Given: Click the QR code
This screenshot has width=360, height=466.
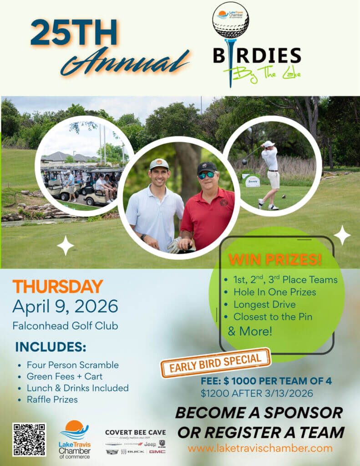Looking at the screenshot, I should [29, 439].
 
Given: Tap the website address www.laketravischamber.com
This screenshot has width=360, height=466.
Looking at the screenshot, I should [260, 448].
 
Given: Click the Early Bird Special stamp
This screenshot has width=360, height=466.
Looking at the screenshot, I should [216, 363].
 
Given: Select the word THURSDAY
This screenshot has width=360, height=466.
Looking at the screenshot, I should [57, 286].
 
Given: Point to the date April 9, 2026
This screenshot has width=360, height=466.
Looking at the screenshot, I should [65, 306].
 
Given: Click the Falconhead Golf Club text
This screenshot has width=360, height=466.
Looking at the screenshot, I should [65, 326].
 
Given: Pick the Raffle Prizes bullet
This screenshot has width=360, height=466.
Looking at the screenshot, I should [52, 400].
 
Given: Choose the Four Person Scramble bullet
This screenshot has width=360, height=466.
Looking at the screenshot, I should [72, 365].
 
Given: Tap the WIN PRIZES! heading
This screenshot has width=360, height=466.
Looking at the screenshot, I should [275, 259].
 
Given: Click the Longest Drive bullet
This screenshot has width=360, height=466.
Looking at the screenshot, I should [264, 304].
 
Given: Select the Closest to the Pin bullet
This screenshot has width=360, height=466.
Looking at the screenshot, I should [273, 317].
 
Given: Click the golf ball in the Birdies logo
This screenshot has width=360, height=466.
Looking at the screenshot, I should [231, 20].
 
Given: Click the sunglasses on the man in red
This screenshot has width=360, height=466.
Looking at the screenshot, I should [206, 175].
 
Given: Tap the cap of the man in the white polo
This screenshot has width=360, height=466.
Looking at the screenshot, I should [159, 164].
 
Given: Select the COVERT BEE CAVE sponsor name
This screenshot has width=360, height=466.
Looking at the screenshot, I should [136, 432].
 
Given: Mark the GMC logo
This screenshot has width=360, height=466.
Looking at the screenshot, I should [157, 451].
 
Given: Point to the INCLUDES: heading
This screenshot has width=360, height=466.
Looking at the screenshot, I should [51, 347].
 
